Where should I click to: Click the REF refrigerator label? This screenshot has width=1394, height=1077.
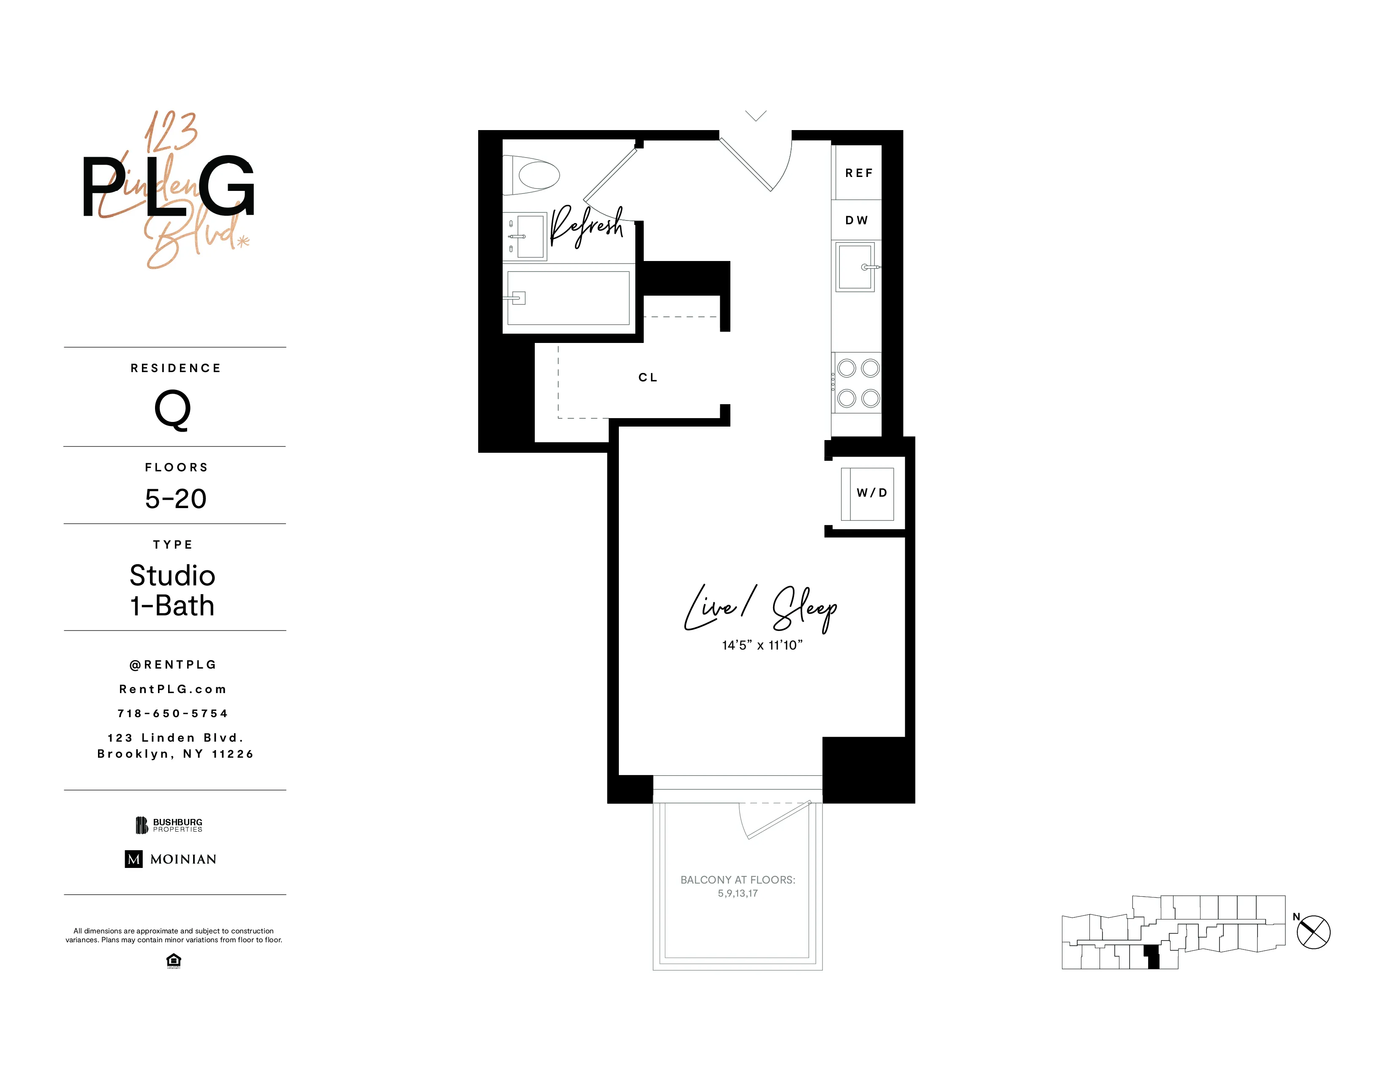point(858,173)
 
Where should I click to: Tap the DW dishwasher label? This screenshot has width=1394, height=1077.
point(857,220)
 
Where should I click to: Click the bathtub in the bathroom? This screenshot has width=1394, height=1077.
point(568,298)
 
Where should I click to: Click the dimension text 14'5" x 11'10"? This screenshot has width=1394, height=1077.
point(762,645)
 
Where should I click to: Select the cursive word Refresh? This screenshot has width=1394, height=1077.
point(586,226)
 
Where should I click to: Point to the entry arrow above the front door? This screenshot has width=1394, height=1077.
point(756,115)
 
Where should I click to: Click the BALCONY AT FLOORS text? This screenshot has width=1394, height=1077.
point(737,880)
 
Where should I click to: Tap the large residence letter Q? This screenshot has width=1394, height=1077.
point(173,410)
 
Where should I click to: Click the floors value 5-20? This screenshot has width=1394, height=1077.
point(176,498)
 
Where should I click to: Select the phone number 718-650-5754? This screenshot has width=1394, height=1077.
point(173,713)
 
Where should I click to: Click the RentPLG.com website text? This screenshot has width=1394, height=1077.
point(173,689)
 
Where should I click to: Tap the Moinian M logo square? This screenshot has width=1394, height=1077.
point(133,859)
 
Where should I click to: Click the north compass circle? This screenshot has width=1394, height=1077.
point(1314,932)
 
